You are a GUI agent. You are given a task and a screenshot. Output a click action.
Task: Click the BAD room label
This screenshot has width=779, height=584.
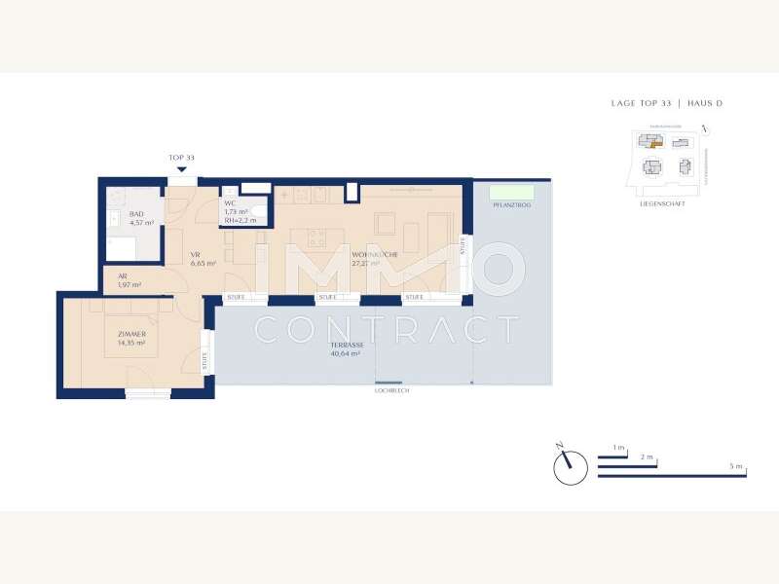point(136,213)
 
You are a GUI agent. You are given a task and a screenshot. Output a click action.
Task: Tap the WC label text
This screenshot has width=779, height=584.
point(231,203)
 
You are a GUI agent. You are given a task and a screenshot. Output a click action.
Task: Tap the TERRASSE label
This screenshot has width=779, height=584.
point(346,346)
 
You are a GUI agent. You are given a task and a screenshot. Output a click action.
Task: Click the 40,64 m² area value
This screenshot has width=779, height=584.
point(346,354)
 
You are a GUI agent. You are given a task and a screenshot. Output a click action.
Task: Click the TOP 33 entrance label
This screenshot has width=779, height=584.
point(181,158)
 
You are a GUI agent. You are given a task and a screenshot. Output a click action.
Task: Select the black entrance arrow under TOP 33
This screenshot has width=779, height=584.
point(181,169)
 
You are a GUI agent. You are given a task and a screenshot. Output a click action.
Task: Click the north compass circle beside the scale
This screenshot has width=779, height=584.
point(570,468)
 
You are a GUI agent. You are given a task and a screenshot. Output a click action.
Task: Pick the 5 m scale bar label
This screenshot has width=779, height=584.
point(735,467)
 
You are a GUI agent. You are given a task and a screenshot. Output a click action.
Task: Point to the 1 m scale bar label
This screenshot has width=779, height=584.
point(618,447)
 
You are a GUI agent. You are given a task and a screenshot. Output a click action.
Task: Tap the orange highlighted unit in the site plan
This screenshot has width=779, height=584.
point(656,142)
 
